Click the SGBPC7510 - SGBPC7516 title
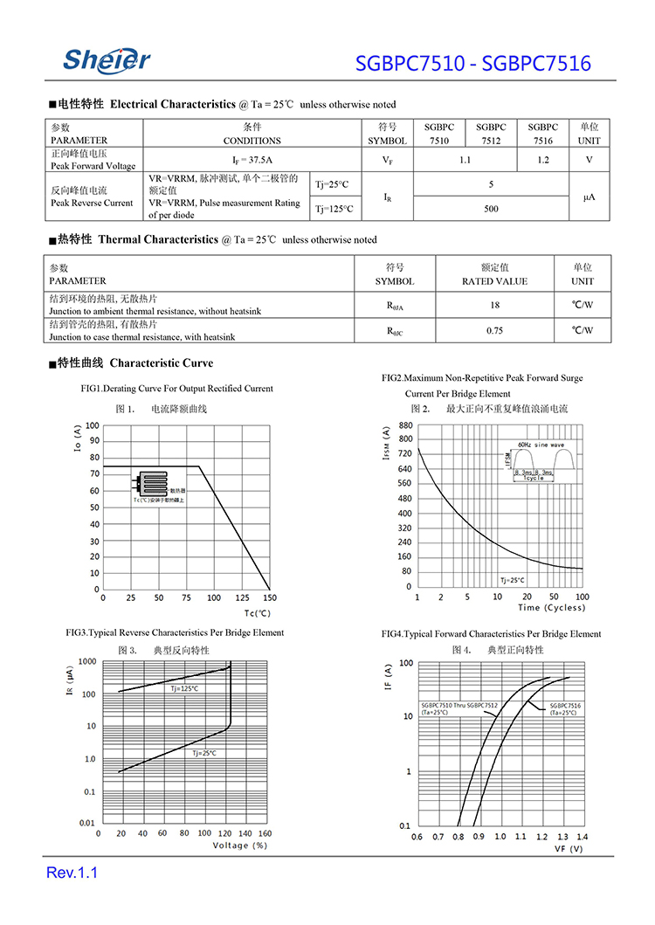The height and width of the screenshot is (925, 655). (473, 64)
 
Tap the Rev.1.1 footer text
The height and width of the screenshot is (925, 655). (72, 873)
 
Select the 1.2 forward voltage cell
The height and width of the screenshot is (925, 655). (543, 160)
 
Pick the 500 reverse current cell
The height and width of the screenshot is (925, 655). (492, 209)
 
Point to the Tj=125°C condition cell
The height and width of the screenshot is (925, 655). (334, 209)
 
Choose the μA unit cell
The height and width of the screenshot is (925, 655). (589, 197)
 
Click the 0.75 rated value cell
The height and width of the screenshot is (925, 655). (494, 330)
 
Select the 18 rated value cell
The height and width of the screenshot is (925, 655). (494, 305)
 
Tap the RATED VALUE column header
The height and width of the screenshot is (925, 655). (494, 281)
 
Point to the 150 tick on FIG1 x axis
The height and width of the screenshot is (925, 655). (269, 598)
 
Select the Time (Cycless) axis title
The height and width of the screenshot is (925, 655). (552, 608)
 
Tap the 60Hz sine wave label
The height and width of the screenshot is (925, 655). (541, 445)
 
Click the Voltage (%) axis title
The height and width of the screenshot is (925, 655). (240, 845)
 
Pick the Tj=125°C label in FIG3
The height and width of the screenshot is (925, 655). (184, 688)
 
